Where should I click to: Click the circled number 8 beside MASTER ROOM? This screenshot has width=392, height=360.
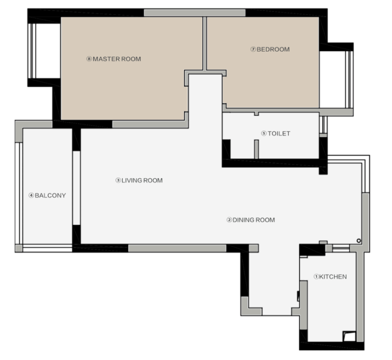pos(89,59)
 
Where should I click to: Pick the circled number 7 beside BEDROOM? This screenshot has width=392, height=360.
pos(253,50)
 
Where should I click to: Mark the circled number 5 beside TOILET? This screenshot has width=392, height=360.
pos(264,133)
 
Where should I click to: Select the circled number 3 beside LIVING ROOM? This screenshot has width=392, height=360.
pos(118,180)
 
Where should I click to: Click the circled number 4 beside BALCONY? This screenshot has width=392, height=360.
pos(31,195)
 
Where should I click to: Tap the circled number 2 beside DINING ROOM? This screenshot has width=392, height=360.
pos(229,220)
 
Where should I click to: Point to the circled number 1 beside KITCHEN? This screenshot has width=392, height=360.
pos(317,277)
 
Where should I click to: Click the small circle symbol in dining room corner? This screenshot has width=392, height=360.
pos(359,241)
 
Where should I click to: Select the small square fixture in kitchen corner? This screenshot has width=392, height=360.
pos(349,336)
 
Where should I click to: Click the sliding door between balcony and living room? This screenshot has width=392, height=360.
pos(76,188)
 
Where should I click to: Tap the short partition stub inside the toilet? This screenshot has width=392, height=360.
pos(256,149)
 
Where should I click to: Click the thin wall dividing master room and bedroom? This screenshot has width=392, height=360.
pos(204,44)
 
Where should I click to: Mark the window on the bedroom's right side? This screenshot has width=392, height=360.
pos(349,79)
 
